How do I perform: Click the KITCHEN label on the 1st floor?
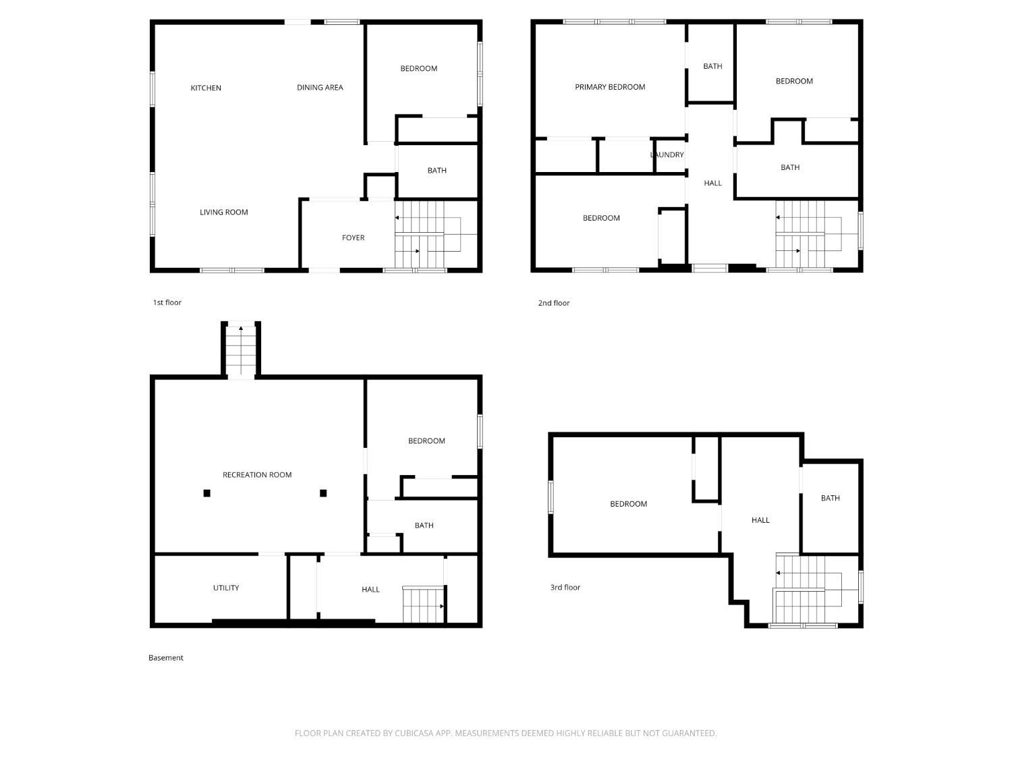(206, 88)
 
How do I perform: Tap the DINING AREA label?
(320, 88)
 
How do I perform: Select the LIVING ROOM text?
(223, 212)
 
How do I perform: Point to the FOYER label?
(353, 237)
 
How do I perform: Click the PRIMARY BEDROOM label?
(609, 87)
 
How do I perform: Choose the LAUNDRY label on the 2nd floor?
(667, 155)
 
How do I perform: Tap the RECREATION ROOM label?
(257, 475)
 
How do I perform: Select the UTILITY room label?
(226, 588)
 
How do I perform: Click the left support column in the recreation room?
(207, 493)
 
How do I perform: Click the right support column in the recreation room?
(323, 493)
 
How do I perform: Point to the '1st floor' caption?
(167, 302)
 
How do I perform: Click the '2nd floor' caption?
(554, 303)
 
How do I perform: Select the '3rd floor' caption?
(565, 587)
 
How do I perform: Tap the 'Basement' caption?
(165, 658)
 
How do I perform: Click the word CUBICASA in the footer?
(415, 733)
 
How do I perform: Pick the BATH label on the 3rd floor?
(830, 498)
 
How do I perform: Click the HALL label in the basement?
(370, 590)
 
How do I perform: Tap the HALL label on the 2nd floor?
(712, 183)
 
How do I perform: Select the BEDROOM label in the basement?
(426, 441)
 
